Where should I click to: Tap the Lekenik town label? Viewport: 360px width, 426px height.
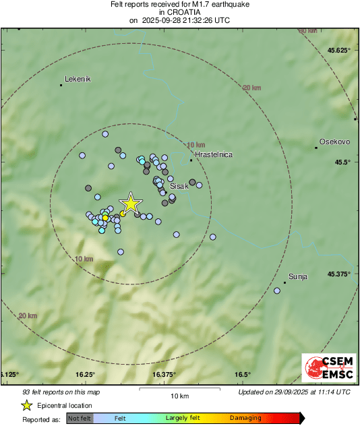pyautogui.click(x=77, y=79)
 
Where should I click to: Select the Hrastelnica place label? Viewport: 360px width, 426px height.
pyautogui.click(x=213, y=154)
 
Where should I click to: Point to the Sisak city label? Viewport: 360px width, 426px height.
pyautogui.click(x=179, y=185)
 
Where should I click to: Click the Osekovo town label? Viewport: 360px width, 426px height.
pyautogui.click(x=334, y=142)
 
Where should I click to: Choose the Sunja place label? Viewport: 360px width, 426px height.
pyautogui.click(x=297, y=276)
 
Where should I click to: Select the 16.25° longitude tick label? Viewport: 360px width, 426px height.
pyautogui.click(x=85, y=375)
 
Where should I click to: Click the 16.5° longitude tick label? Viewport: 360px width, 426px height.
pyautogui.click(x=243, y=375)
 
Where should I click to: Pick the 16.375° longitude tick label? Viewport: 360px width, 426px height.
pyautogui.click(x=164, y=375)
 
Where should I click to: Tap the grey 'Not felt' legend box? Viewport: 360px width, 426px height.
pyautogui.click(x=80, y=418)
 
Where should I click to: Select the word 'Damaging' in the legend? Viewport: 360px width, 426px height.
pyautogui.click(x=245, y=418)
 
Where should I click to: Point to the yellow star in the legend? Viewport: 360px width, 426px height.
pyautogui.click(x=27, y=405)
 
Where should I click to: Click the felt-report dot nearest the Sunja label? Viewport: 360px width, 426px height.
pyautogui.click(x=277, y=291)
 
